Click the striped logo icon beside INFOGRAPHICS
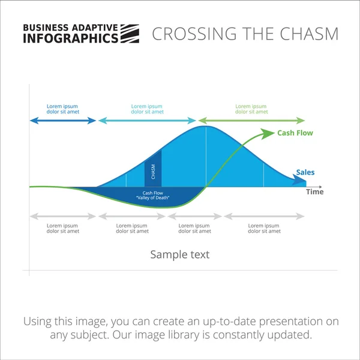click(x=130, y=34)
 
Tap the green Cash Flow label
click(x=295, y=133)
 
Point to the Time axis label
click(x=314, y=192)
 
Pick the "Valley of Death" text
click(x=153, y=198)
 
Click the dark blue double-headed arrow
click(x=62, y=121)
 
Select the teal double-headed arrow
click(x=147, y=121)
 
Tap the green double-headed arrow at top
click(x=251, y=121)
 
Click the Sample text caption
click(x=180, y=254)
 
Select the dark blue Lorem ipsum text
click(x=62, y=109)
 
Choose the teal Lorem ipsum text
click(x=147, y=109)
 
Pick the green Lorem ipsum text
click(x=251, y=109)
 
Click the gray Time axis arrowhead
click(x=322, y=187)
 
